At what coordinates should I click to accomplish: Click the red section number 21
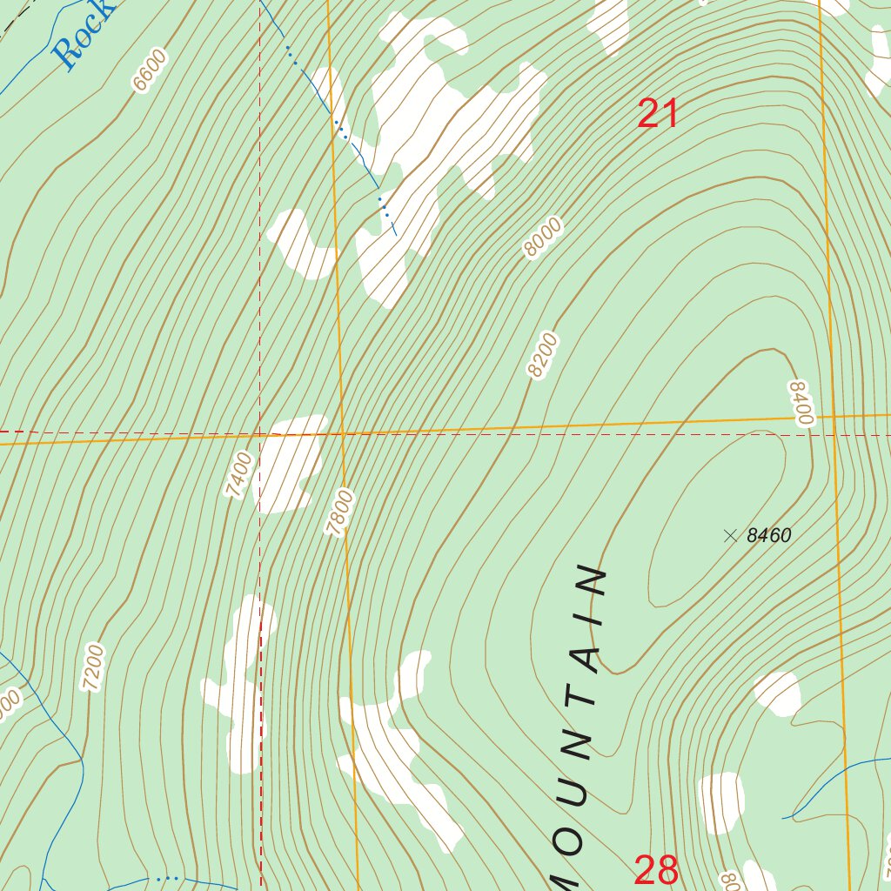(x=658, y=114)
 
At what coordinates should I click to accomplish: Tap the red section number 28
(x=656, y=870)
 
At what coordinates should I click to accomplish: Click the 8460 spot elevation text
(x=768, y=536)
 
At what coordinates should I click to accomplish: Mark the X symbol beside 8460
(x=730, y=536)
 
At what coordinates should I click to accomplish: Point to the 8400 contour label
(x=801, y=402)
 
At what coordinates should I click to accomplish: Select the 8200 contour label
(x=542, y=354)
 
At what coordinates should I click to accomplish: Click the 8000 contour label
(x=543, y=238)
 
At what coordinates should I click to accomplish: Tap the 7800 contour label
(x=343, y=512)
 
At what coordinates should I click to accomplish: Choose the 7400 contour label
(x=238, y=474)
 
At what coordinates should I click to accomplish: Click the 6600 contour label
(x=149, y=70)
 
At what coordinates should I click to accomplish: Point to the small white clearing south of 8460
(x=776, y=693)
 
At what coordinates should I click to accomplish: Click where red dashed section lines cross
(x=259, y=432)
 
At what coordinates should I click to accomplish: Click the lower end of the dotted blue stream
(x=394, y=233)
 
